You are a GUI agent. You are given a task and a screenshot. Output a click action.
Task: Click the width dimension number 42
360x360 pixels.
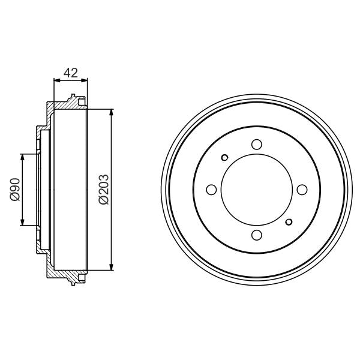pos(71,73)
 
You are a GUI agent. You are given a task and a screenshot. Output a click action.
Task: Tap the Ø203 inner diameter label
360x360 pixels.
pos(103,190)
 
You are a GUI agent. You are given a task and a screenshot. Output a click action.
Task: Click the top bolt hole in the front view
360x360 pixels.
pos(257,145)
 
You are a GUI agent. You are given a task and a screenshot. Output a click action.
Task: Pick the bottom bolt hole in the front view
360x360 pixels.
pos(257,235)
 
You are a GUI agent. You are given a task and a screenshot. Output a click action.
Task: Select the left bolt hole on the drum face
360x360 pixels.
pos(211,190)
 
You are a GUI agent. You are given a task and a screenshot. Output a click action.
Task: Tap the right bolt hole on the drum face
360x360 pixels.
pos(302,190)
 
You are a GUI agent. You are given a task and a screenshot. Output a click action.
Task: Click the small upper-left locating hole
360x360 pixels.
pos(224,158)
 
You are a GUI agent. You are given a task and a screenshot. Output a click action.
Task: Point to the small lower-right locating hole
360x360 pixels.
pos(289,222)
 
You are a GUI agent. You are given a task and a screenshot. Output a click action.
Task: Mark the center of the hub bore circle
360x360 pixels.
pos(257,190)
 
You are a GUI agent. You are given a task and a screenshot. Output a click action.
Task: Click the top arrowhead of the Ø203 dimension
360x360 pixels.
pos(112,112)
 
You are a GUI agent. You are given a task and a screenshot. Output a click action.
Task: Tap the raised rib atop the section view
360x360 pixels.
pos(73,97)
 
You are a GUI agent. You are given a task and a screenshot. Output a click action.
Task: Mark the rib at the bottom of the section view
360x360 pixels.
pos(73,283)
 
